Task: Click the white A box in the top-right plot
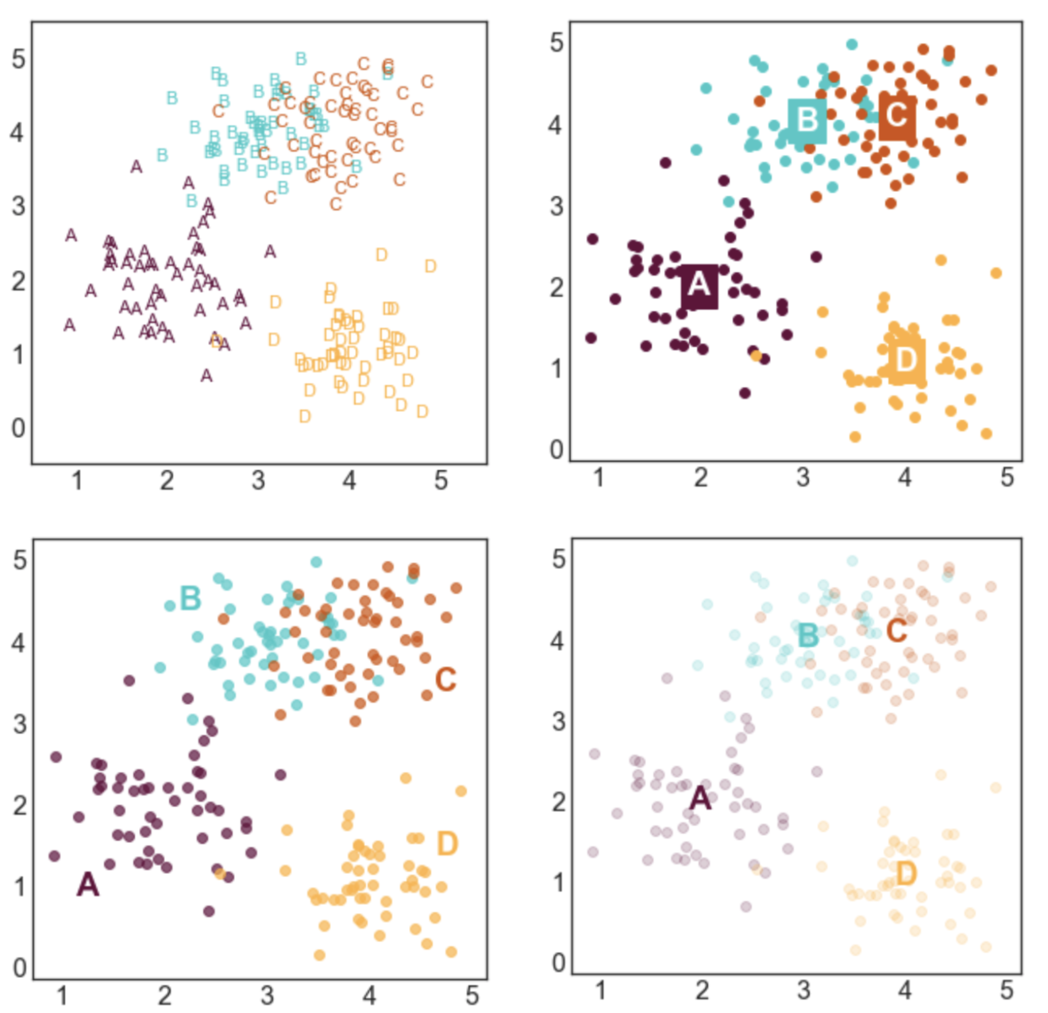[x=699, y=286]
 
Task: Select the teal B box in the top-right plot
[x=807, y=121]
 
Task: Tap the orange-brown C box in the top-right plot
[x=897, y=117]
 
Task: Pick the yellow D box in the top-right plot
[x=906, y=360]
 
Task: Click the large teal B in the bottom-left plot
[x=190, y=598]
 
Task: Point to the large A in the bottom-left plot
[x=87, y=884]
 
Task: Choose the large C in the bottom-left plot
[x=445, y=680]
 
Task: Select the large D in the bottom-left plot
[x=447, y=843]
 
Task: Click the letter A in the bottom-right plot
[x=700, y=798]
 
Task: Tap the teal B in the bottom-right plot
[x=807, y=635]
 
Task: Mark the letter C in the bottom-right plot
[x=896, y=631]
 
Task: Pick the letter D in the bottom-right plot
[x=906, y=873]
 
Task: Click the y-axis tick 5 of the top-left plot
[x=18, y=60]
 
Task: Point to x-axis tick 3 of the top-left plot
[x=258, y=480]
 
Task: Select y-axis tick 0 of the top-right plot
[x=557, y=449]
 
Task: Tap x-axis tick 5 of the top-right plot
[x=1007, y=477]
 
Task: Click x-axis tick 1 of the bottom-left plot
[x=62, y=996]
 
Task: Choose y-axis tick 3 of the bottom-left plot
[x=19, y=724]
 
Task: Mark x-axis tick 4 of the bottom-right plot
[x=905, y=990]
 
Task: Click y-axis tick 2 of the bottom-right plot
[x=558, y=802]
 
